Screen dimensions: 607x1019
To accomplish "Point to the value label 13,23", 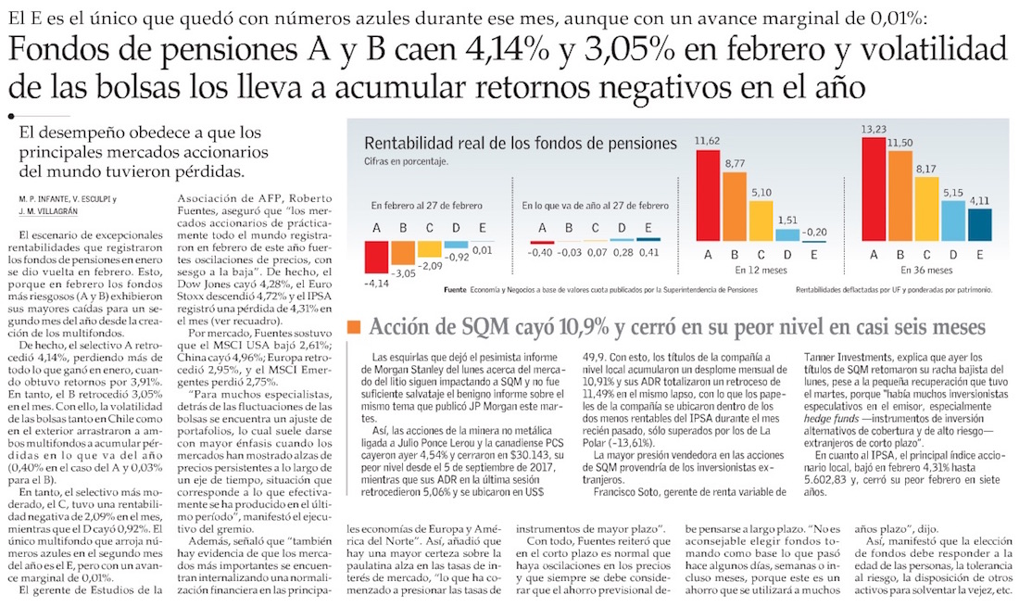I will click(x=874, y=129).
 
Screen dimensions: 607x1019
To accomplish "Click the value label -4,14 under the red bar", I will click(x=376, y=282).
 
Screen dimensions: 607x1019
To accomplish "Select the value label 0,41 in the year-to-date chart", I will click(x=648, y=251).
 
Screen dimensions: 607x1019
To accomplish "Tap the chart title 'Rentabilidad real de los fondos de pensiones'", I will click(x=521, y=144).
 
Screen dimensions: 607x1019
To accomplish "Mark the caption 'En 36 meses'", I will click(x=925, y=270).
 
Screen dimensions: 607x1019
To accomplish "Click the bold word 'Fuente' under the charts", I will click(x=455, y=290).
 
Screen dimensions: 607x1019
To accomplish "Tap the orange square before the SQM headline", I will click(x=353, y=327).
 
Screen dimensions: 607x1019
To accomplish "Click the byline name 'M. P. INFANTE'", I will click(x=42, y=199).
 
